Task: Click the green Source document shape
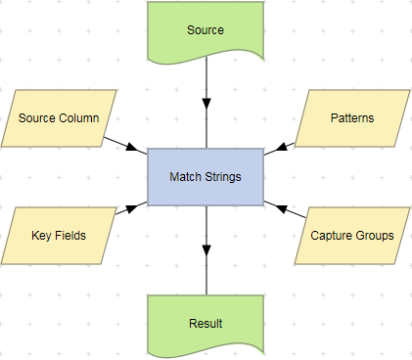pos(206,29)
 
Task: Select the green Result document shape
pos(206,323)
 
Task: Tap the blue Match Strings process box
pos(206,177)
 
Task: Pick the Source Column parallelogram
pos(59,118)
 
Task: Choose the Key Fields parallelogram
pos(59,236)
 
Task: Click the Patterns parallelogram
pos(352,118)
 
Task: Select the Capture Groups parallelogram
pos(352,236)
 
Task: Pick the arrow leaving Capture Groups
pos(282,208)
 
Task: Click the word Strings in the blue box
pos(222,177)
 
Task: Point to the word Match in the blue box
pos(186,177)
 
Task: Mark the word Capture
pos(332,236)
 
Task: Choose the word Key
pos(41,236)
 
